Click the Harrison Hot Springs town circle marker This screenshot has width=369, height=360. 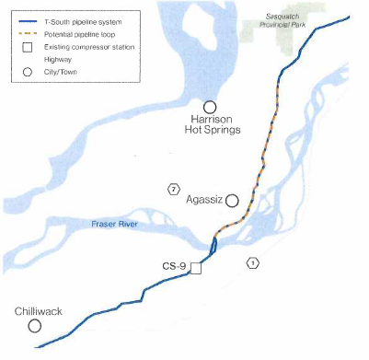[211, 109]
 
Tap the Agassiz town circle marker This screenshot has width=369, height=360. [232, 200]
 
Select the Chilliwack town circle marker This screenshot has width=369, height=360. [35, 326]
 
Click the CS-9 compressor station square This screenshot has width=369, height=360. [195, 269]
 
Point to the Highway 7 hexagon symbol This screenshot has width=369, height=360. [173, 190]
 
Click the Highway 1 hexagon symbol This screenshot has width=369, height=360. [253, 264]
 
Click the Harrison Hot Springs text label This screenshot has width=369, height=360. [211, 124]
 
